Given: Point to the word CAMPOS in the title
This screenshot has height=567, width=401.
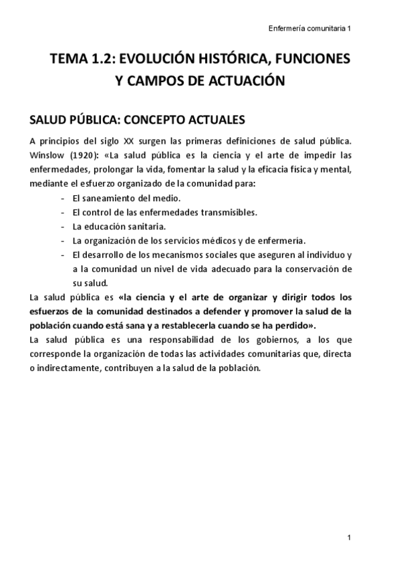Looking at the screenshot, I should pyautogui.click(x=158, y=82).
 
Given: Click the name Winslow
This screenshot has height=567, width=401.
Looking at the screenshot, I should pyautogui.click(x=47, y=155).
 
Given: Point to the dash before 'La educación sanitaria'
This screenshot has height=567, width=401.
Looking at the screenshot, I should pyautogui.click(x=62, y=227).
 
